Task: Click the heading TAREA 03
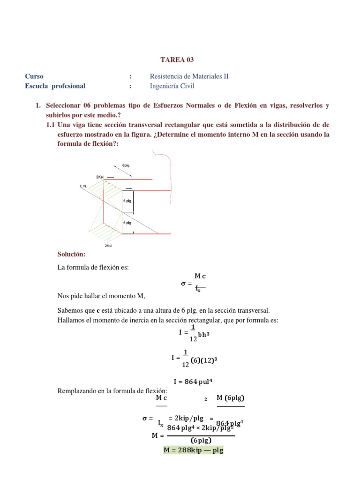click(177, 60)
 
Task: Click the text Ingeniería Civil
click(172, 86)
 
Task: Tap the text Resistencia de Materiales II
click(189, 76)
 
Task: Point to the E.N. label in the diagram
click(83, 186)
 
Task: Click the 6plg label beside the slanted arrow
click(126, 166)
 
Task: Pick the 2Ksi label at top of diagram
click(100, 177)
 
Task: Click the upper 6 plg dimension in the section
click(127, 201)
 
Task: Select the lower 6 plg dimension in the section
click(127, 223)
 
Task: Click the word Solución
click(71, 254)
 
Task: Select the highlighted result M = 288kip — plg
click(194, 450)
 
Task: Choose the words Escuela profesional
click(55, 86)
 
